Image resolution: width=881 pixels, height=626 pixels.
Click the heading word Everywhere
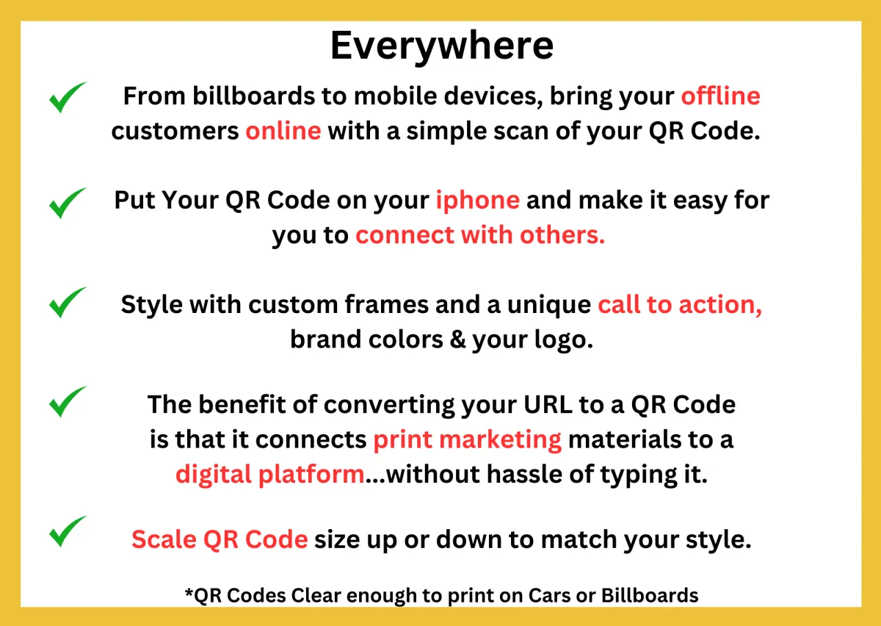pyautogui.click(x=442, y=47)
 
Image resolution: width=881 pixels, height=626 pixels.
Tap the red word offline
pyautogui.click(x=720, y=96)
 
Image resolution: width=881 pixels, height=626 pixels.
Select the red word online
pyautogui.click(x=283, y=131)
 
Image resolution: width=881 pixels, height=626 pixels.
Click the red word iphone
pyautogui.click(x=477, y=201)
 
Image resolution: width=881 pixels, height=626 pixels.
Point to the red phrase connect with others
pyautogui.click(x=480, y=235)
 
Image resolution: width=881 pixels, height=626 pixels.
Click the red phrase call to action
pyautogui.click(x=680, y=305)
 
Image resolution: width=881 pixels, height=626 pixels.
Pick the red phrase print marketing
pyautogui.click(x=467, y=440)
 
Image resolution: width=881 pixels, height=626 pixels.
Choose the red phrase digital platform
pyautogui.click(x=270, y=475)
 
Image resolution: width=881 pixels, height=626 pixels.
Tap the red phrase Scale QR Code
pyautogui.click(x=220, y=539)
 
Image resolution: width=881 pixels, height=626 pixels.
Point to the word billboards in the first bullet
pyautogui.click(x=254, y=96)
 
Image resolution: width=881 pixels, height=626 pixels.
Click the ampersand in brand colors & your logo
pyautogui.click(x=457, y=339)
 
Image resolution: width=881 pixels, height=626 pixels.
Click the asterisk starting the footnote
pyautogui.click(x=189, y=591)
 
